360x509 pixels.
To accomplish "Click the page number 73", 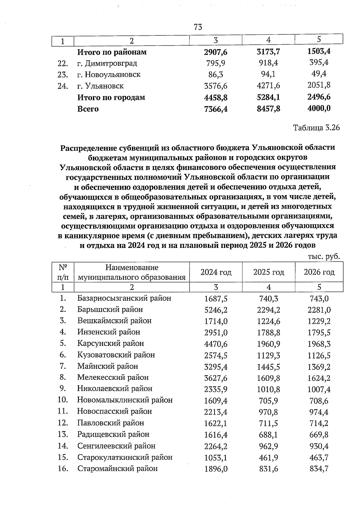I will [x=198, y=27].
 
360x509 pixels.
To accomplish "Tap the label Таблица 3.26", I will [x=316, y=128].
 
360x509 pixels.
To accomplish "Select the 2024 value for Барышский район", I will [x=216, y=310].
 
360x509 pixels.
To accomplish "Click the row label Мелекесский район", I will [x=113, y=377].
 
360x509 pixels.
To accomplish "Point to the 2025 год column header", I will [x=268, y=272].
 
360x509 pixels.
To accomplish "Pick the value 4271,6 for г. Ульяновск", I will [x=268, y=86].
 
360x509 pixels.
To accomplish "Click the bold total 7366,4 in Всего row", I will [x=216, y=109].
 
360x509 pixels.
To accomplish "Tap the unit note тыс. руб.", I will [x=324, y=257].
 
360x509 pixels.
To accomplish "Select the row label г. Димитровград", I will [x=107, y=63].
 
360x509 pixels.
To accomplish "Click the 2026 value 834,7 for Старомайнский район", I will [x=319, y=469].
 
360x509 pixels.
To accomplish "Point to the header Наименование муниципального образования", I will [x=132, y=272].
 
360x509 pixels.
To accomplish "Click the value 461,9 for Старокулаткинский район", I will [x=268, y=457].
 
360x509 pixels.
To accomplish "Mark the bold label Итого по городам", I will [x=111, y=97].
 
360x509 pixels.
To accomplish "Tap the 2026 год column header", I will [x=319, y=272].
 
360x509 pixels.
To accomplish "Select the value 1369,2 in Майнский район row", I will [x=319, y=366].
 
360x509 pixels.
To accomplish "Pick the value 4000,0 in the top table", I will [x=319, y=109].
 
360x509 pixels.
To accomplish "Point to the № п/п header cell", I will [x=63, y=272].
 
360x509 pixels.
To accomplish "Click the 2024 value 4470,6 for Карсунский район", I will [x=216, y=344].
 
